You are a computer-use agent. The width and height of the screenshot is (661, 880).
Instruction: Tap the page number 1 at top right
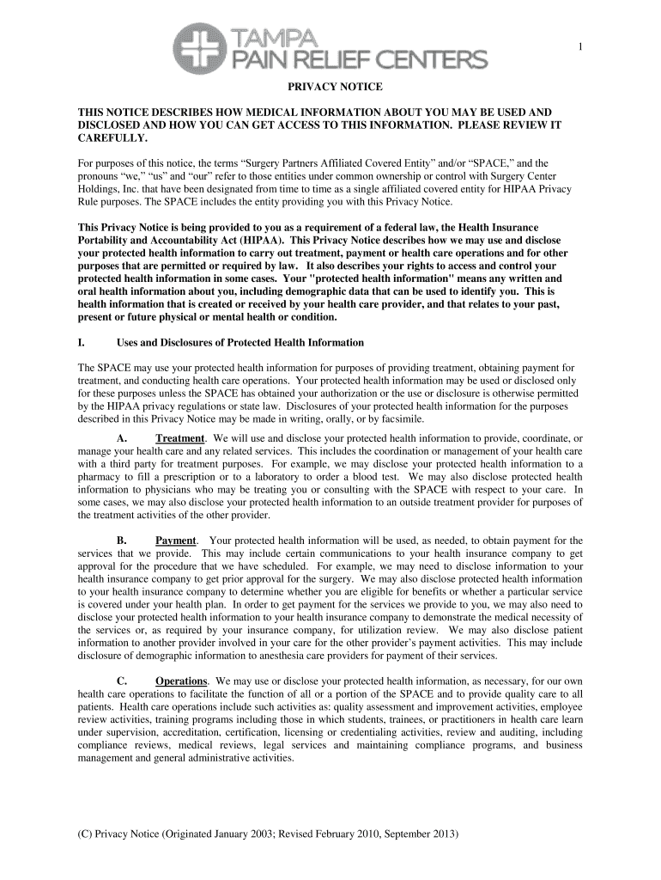[579, 47]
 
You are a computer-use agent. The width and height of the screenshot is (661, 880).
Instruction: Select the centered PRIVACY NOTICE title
[330, 88]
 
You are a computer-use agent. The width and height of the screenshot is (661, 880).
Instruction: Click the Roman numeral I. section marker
[81, 343]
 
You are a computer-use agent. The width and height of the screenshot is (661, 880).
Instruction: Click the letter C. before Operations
[121, 681]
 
